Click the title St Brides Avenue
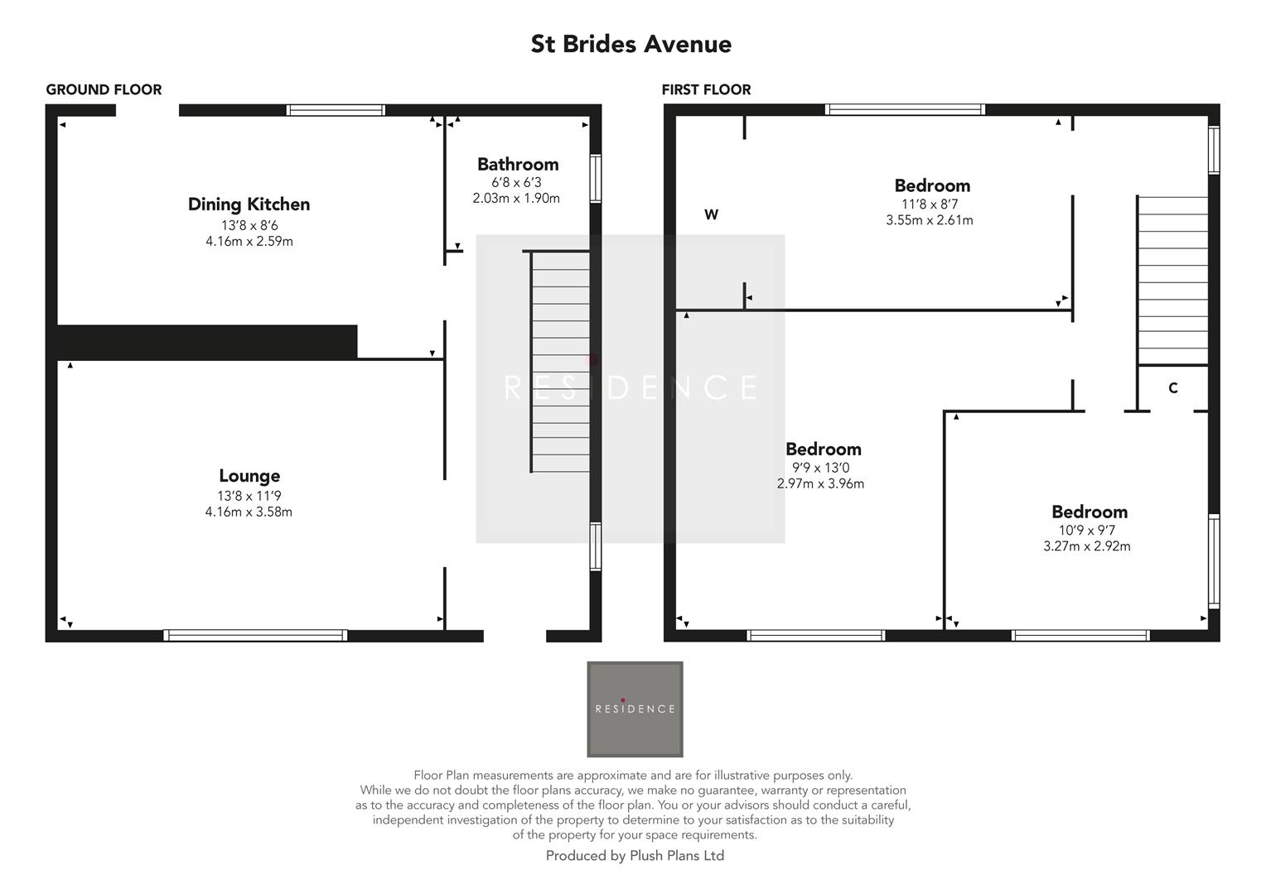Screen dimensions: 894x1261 coord(630,44)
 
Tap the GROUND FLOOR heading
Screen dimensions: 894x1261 coord(104,89)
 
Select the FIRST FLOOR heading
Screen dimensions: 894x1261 coord(706,89)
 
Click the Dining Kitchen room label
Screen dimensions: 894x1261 coord(249,204)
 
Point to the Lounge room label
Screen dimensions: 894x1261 coord(249,475)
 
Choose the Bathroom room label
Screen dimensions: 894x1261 coord(517,164)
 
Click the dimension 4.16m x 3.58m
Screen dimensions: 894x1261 coord(249,512)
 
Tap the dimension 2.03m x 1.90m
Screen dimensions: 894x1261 coord(515,199)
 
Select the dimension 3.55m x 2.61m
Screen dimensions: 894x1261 coord(929,220)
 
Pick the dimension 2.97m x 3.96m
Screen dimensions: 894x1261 coord(820,483)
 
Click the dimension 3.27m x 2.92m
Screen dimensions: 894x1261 coord(1086,546)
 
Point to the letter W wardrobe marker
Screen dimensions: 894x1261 coord(711,215)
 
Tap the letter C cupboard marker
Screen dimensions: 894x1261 coord(1172,388)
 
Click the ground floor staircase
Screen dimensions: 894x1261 coord(560,363)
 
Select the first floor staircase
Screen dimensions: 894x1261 coord(1172,280)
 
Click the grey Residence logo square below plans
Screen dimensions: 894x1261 coord(635,709)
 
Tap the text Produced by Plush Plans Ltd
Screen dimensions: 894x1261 coord(635,856)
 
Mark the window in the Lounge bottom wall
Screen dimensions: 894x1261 coord(255,635)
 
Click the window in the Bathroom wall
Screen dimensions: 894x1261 coord(595,178)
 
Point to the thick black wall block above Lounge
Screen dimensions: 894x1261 coord(206,342)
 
